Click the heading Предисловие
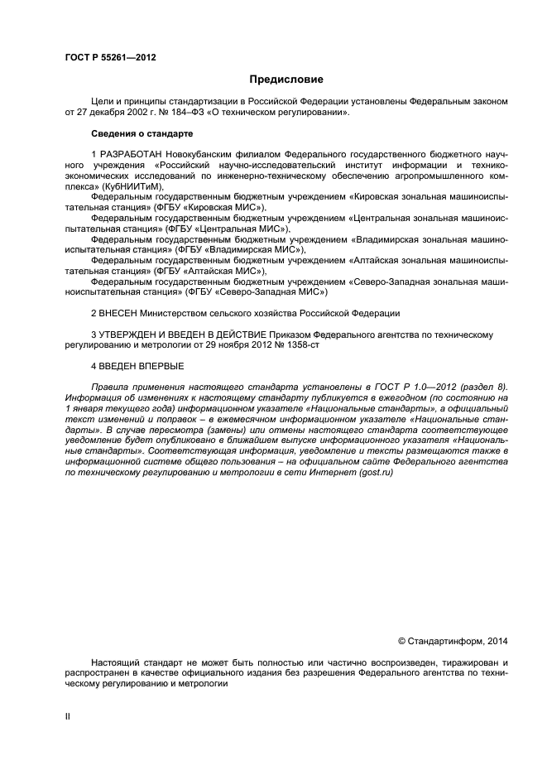tap(286, 79)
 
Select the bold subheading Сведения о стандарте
tap(142, 132)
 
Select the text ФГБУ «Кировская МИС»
tap(214, 208)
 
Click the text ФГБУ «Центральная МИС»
tap(238, 229)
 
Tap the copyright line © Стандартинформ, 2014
tap(453, 641)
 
